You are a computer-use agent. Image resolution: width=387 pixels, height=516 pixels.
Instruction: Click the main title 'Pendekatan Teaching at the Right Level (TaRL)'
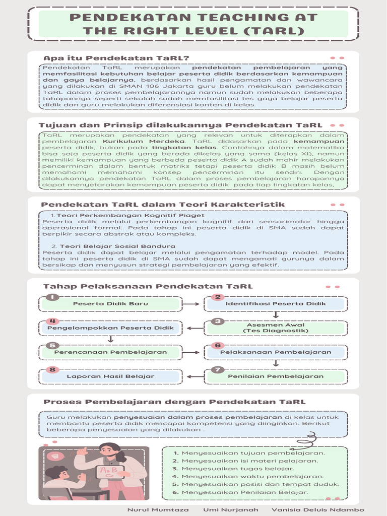193,24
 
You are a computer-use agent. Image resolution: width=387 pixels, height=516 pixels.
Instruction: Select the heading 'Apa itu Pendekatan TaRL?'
116,57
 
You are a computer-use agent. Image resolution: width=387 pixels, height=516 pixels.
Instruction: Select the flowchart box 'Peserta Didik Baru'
110,304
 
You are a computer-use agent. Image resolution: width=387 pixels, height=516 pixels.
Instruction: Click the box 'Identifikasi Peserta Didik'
275,304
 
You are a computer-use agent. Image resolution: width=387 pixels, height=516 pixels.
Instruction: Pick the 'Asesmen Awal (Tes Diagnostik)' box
275,328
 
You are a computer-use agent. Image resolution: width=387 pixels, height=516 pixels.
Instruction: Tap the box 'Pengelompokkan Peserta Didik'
110,328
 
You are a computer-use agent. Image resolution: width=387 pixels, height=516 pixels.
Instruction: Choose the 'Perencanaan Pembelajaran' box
110,352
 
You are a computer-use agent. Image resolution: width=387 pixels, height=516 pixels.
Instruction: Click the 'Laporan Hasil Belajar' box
110,376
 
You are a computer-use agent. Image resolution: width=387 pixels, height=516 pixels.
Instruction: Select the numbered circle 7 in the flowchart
217,369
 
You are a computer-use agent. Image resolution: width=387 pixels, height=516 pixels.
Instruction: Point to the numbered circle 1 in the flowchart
52,297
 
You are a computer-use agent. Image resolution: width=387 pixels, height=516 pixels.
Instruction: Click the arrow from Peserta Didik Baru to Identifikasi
191,304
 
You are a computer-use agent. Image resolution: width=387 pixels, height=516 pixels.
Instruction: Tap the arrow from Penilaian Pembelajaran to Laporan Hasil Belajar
194,376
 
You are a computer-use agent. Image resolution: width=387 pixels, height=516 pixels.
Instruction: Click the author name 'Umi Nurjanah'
230,509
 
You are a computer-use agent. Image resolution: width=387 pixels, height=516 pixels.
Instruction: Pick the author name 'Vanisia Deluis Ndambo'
317,509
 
